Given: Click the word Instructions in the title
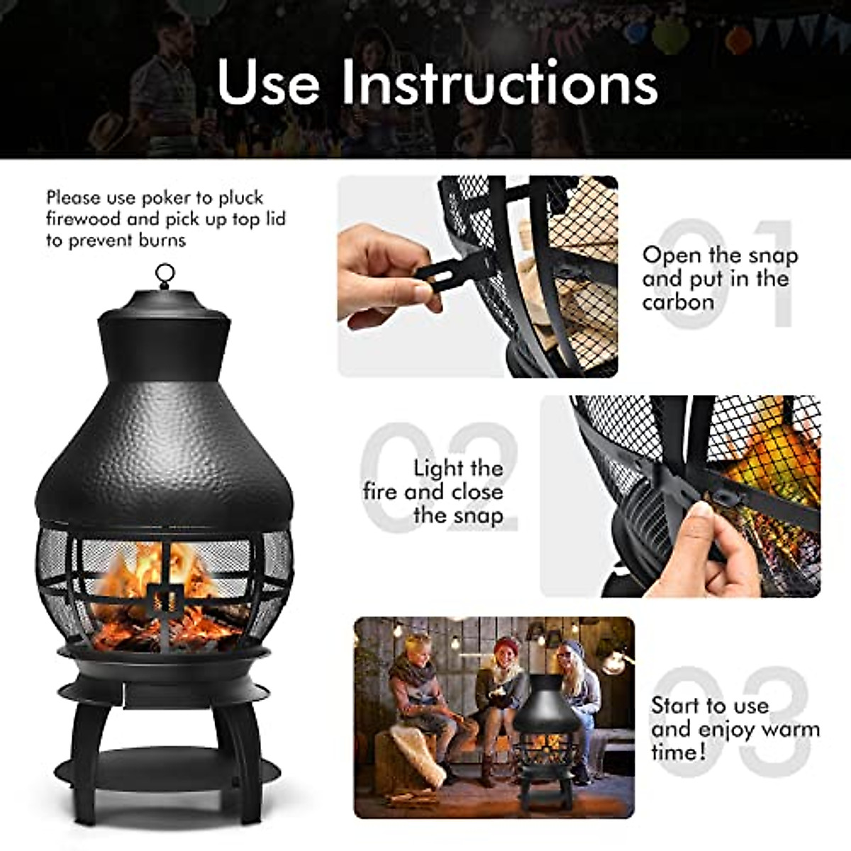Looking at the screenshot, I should click(499, 82).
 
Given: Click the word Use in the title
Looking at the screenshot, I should click(268, 82).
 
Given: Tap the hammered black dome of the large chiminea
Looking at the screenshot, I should click(163, 454).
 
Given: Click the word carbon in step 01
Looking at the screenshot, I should click(678, 302).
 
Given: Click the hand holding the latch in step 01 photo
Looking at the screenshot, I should click(383, 277).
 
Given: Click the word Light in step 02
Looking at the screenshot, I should click(439, 468).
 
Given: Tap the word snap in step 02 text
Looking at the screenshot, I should click(479, 516).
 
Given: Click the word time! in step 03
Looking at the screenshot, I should click(679, 752).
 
